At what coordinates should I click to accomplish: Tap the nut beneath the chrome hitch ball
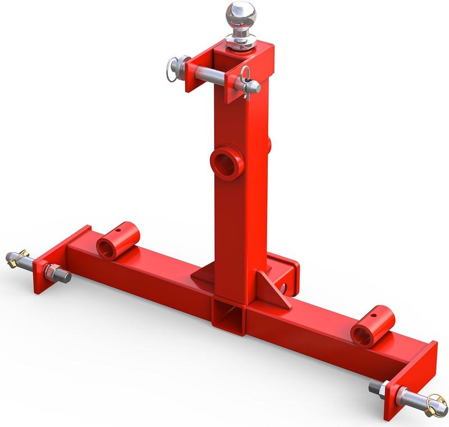click(241, 41)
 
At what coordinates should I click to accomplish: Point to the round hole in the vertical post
click(227, 163)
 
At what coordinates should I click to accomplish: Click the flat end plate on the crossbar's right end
click(413, 376)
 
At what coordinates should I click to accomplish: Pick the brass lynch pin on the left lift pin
click(19, 259)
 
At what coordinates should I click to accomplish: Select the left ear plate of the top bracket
click(194, 75)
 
